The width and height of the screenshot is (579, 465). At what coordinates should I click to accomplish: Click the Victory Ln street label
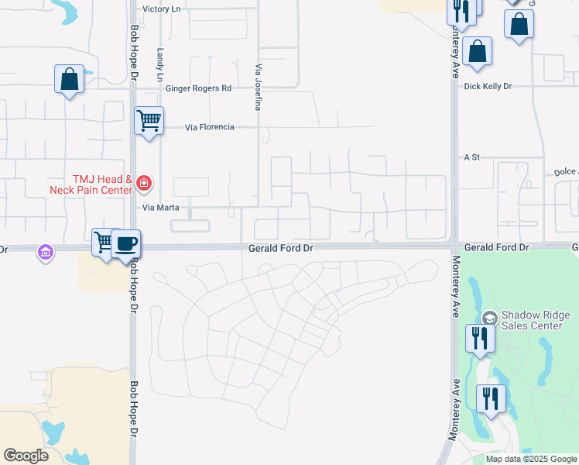161,9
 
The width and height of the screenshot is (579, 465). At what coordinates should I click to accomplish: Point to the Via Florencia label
210,127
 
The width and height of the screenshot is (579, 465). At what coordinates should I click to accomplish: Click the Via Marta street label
161,208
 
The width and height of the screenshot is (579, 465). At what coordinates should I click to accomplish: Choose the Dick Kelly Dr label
488,87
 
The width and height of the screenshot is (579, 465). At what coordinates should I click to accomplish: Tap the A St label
472,157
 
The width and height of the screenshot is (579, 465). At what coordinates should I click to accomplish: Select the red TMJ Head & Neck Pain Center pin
143,184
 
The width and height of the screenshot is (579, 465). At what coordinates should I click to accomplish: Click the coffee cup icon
126,243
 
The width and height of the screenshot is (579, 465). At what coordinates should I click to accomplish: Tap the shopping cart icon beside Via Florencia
148,120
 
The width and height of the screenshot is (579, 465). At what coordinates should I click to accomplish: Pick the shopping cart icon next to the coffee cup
104,241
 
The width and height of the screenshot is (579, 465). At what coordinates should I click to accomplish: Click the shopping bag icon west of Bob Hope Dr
69,78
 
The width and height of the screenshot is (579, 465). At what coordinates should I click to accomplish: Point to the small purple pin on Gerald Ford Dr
46,253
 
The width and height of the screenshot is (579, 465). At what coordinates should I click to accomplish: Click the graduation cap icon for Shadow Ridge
489,318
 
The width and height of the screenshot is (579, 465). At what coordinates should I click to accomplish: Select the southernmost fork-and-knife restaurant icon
491,398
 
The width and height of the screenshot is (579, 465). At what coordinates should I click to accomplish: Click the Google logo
26,456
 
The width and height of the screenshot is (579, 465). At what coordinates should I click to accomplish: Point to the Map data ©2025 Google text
531,459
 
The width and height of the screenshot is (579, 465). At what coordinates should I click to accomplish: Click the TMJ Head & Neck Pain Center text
91,184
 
